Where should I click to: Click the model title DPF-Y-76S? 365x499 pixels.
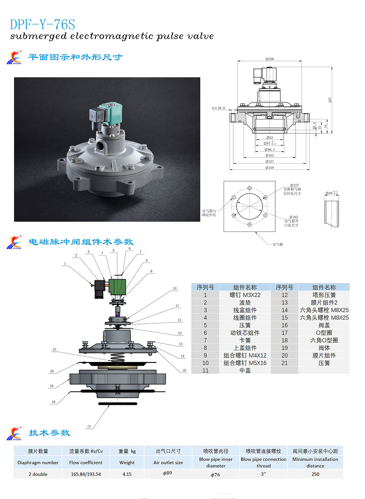(x=42, y=24)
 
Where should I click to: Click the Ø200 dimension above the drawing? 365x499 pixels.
(x=269, y=59)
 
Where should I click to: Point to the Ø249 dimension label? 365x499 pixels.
(x=269, y=168)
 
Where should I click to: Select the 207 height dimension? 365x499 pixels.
(x=330, y=100)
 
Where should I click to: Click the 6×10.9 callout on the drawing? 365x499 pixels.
(x=218, y=108)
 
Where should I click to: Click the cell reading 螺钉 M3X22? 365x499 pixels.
(x=245, y=295)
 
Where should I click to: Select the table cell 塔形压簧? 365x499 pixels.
(x=324, y=295)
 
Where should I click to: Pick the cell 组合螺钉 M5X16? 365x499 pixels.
(x=245, y=363)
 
